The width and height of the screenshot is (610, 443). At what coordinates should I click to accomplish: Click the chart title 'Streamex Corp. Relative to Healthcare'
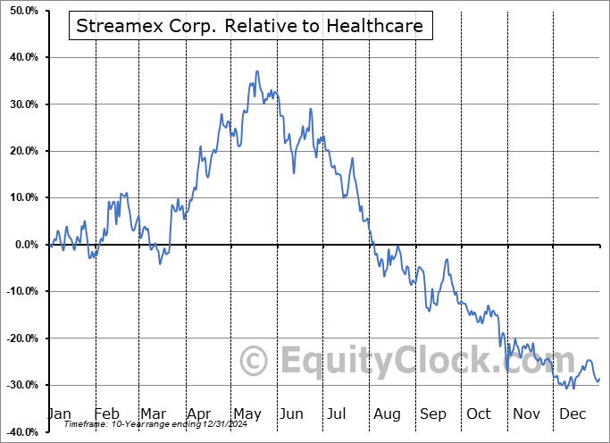[x=249, y=26]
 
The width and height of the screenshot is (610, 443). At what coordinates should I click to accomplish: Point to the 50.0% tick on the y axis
[x=21, y=11]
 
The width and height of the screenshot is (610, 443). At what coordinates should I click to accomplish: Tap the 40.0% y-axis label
[x=21, y=57]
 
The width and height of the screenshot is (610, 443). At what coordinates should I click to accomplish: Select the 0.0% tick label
[x=23, y=245]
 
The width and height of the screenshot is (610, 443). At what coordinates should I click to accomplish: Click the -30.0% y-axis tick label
[x=19, y=385]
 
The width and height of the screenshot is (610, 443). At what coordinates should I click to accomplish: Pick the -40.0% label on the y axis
[x=19, y=431]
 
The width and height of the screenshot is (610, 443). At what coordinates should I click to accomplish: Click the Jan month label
[x=59, y=414]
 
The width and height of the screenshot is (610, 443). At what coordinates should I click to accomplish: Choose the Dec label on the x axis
[x=572, y=414]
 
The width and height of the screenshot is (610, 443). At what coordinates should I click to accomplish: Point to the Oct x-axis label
[x=479, y=414]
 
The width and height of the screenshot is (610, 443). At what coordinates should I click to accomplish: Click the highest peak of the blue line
[x=257, y=71]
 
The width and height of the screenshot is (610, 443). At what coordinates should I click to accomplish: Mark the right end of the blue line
[x=599, y=378]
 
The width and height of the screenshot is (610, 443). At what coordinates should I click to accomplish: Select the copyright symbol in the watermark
[x=255, y=361]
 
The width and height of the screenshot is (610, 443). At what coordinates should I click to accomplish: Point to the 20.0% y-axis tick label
[x=21, y=151]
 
